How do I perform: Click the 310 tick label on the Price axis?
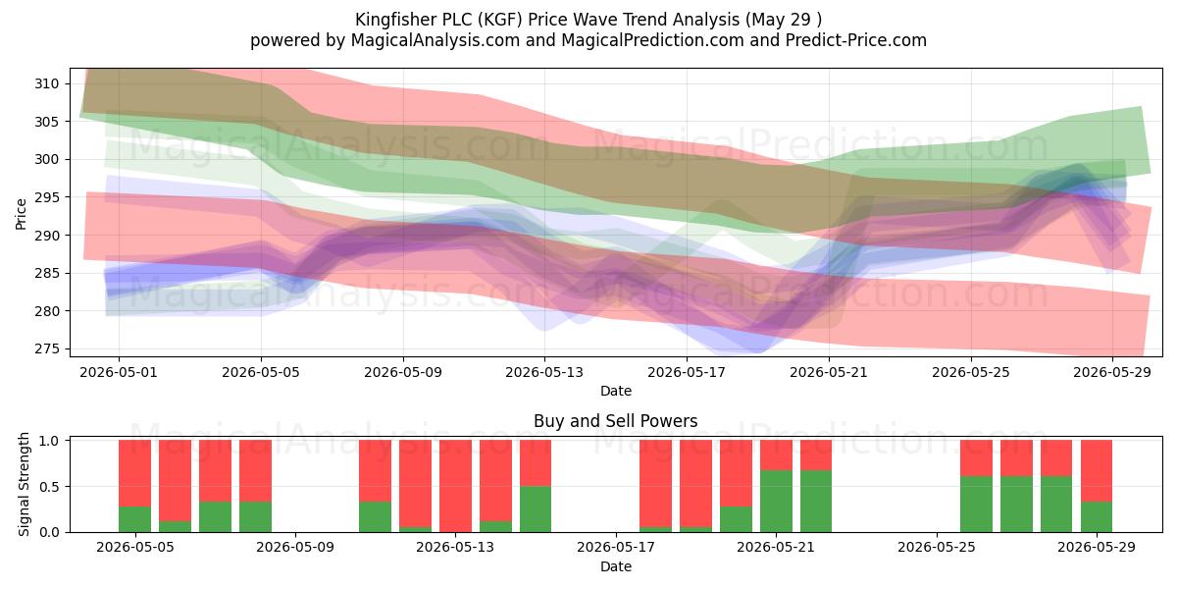point(46,83)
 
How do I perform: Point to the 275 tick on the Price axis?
point(46,349)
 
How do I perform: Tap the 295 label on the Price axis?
point(46,197)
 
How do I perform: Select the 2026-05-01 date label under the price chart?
point(119,372)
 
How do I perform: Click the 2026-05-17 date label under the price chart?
point(687,372)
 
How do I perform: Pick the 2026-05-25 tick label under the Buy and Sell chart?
point(937,548)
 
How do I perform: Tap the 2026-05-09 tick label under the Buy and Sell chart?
point(295,548)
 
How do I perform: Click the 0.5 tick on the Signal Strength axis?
point(49,487)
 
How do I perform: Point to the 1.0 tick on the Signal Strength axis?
point(49,440)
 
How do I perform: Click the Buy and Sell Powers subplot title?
point(616,421)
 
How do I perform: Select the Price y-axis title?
point(21,214)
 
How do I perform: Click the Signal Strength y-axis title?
point(24,484)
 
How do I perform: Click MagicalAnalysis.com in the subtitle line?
point(435,40)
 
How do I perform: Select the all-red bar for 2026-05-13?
point(455,486)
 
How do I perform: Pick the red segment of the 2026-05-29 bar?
point(1097,470)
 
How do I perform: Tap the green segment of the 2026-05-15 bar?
point(536,509)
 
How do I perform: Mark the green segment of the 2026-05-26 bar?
point(976,505)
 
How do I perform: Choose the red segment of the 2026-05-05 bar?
point(135,473)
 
